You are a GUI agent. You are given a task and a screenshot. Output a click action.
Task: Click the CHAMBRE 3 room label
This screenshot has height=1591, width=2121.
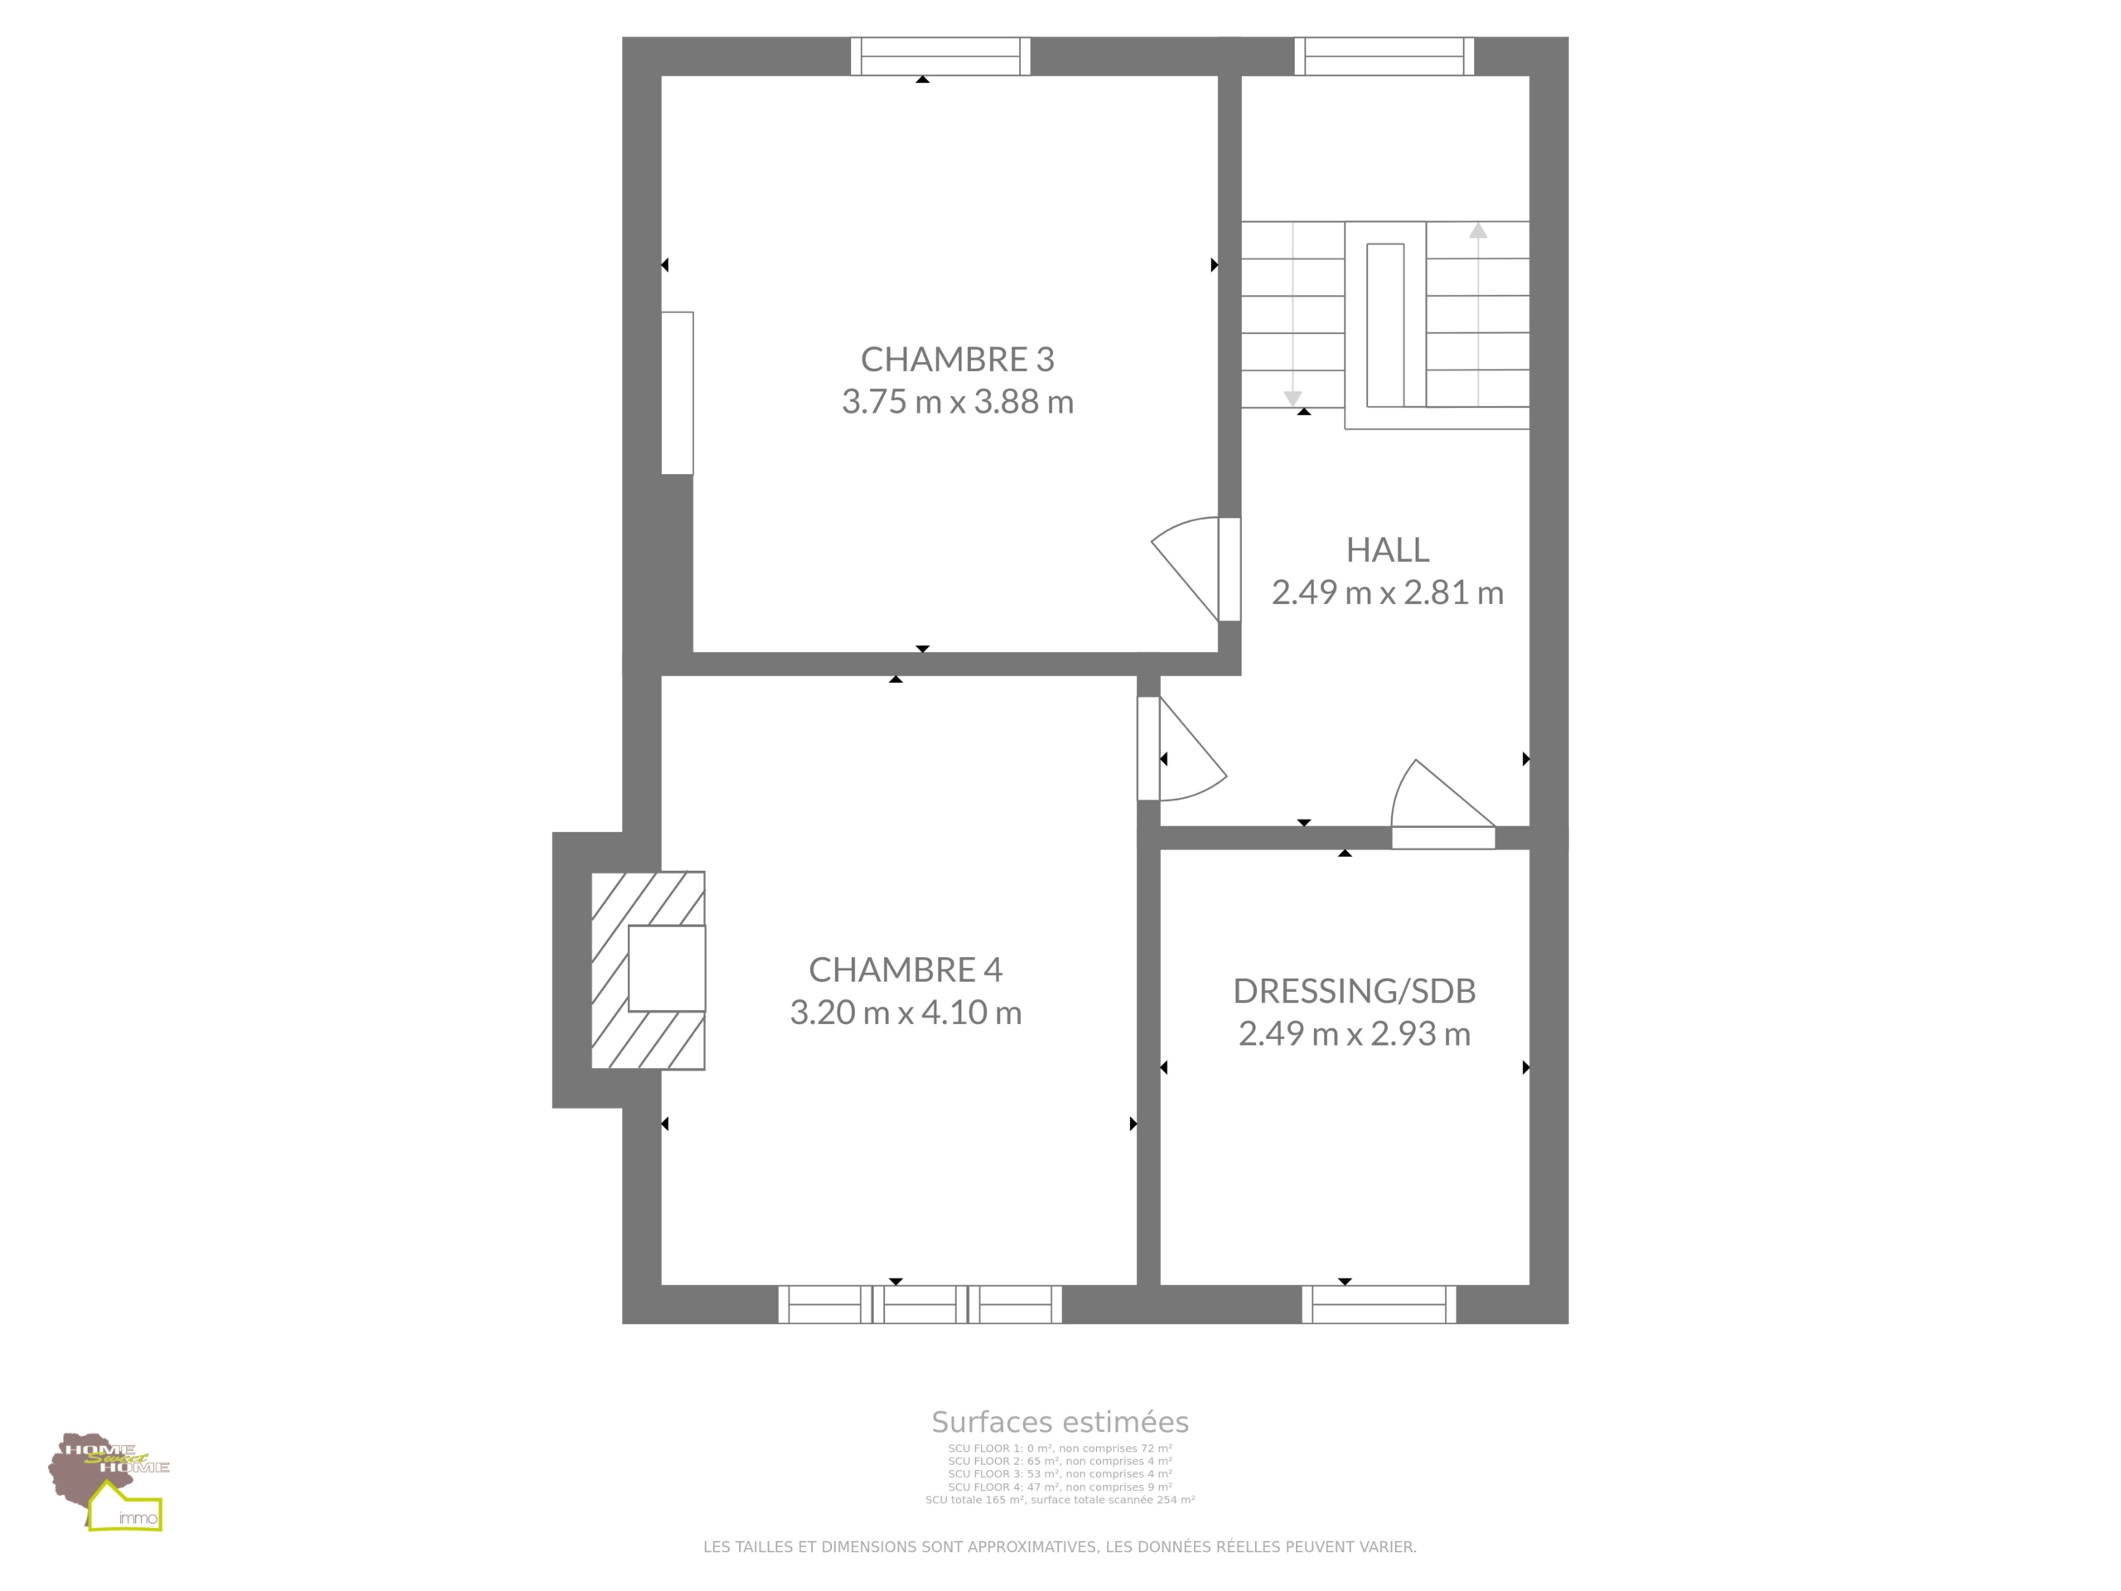click(957, 359)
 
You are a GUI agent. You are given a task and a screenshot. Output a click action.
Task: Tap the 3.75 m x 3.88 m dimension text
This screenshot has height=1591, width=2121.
click(957, 401)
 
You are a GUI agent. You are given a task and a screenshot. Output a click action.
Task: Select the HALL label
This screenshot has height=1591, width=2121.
click(1388, 549)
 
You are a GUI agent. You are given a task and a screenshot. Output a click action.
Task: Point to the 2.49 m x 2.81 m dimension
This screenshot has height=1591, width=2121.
click(1388, 592)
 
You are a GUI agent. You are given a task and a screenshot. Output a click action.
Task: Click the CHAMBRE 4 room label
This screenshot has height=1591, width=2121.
click(906, 970)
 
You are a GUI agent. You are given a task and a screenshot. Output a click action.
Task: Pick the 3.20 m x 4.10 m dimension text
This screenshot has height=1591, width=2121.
click(906, 1012)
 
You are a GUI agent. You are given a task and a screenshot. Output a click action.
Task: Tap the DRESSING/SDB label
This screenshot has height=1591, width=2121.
click(1354, 991)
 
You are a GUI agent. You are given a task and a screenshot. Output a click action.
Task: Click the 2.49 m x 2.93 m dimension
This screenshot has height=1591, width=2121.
click(1354, 1032)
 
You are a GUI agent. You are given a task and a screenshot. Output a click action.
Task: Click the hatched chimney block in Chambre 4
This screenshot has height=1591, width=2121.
click(648, 970)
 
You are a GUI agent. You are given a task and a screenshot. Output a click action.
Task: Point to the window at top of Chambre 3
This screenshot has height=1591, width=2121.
click(940, 56)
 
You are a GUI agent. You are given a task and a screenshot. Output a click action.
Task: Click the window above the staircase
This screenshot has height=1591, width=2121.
click(1384, 56)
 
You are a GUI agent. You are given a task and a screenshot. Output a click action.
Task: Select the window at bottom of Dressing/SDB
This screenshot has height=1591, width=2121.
click(1379, 1304)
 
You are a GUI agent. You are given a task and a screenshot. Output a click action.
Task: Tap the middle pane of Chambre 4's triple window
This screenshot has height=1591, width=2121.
click(920, 1304)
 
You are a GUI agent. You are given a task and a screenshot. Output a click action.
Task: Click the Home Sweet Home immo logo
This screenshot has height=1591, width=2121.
click(109, 1481)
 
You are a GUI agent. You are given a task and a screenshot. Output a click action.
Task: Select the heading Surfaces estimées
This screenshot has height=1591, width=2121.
click(1060, 1421)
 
